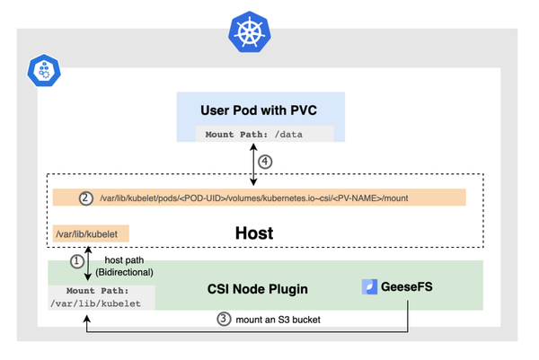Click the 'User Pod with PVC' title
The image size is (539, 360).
click(259, 110)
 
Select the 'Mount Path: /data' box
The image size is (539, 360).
click(264, 135)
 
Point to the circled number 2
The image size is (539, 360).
click(86, 198)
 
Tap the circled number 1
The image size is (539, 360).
click(77, 261)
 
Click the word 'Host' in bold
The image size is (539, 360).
click(254, 233)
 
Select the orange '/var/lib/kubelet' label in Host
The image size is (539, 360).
click(91, 234)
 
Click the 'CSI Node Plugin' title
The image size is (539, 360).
click(257, 288)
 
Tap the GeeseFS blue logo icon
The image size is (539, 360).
click(369, 287)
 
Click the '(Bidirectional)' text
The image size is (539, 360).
click(124, 271)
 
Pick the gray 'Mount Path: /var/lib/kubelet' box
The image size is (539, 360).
click(102, 297)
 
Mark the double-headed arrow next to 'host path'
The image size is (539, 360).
click(87, 267)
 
